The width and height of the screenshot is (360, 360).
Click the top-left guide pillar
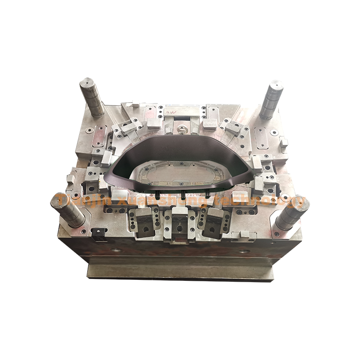pos(93,97)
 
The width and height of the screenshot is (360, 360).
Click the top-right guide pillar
pos(271,99)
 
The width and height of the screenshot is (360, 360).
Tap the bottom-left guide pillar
pos(68,209)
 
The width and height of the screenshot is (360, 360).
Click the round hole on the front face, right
pos(243,251)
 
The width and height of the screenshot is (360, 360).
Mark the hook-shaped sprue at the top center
pos(182,130)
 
